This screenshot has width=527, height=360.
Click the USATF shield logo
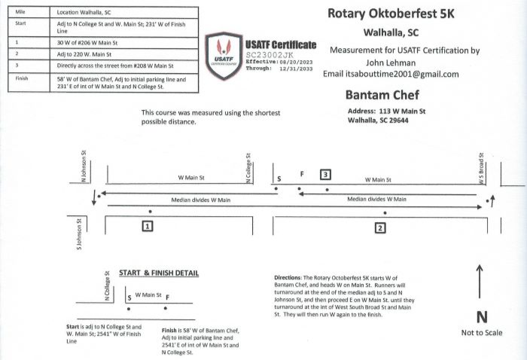coord(224,56)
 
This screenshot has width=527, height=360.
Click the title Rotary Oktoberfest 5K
coord(391,14)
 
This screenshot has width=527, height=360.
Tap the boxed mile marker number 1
coord(148,226)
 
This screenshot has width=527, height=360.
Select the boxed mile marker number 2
coord(380,228)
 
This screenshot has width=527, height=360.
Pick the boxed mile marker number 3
coord(325,175)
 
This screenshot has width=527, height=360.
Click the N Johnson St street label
coord(84,166)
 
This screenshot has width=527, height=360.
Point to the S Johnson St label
coord(79,234)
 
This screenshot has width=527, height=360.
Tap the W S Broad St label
coord(481,169)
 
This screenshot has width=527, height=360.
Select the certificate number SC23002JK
coord(270,55)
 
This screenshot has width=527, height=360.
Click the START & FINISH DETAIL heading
coord(159,273)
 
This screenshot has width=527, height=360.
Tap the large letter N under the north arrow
coord(482,317)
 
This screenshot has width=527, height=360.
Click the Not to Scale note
coord(482,333)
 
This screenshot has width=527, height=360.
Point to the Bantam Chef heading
coord(382,95)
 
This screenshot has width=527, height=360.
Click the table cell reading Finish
coord(22,78)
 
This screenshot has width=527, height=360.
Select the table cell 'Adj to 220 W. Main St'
coord(84,54)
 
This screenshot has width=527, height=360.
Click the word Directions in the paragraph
coord(288,278)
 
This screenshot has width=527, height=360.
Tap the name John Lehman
coord(391,63)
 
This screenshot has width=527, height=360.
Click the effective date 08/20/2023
coord(296,63)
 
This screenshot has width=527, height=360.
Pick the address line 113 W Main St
coord(402,111)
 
